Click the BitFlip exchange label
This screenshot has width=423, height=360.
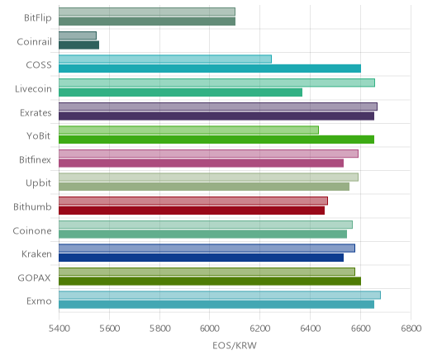click(x=38, y=18)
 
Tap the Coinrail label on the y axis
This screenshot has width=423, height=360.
click(x=34, y=42)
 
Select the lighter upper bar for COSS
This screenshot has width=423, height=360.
click(x=165, y=59)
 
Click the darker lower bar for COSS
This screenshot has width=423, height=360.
click(x=210, y=69)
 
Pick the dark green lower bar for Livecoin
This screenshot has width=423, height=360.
click(x=180, y=92)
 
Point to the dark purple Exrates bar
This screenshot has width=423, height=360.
click(x=216, y=116)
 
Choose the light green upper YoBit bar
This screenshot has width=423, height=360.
click(x=188, y=130)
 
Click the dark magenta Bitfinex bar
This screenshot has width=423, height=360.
click(x=201, y=163)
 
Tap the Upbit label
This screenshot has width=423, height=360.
click(x=38, y=183)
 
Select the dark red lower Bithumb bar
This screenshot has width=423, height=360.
click(x=192, y=211)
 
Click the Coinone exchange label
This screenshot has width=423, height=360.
click(x=32, y=230)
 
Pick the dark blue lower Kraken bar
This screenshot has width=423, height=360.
click(x=201, y=258)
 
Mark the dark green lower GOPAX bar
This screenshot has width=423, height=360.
click(x=210, y=282)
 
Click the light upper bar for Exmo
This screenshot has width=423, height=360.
click(x=220, y=295)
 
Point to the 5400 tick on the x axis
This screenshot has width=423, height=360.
click(x=59, y=329)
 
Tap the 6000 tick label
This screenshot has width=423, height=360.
click(x=209, y=329)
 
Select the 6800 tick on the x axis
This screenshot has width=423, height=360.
click(x=411, y=329)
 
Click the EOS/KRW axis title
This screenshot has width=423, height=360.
click(x=235, y=345)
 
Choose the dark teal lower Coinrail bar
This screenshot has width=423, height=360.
click(x=78, y=45)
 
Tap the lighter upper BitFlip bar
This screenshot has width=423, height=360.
click(x=147, y=12)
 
